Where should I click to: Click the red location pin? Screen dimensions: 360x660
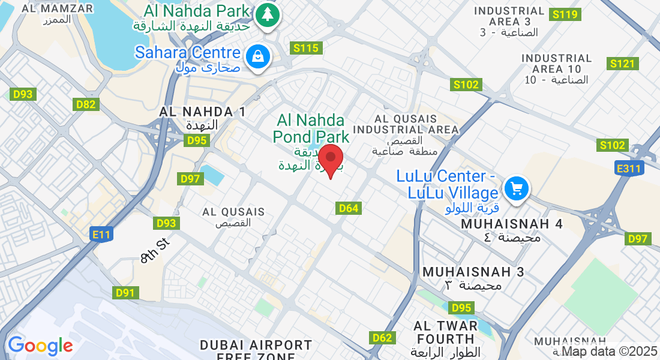coord(330,160)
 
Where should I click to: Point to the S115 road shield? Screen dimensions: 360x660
coord(307,48)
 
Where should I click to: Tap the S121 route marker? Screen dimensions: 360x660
coord(622,64)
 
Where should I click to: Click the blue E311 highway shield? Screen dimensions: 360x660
coord(629,169)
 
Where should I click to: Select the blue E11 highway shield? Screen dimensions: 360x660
coord(101,235)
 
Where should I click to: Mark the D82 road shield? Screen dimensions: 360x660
coord(86,104)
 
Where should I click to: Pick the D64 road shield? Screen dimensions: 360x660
coord(349,208)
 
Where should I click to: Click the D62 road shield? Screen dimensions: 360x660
coord(382,338)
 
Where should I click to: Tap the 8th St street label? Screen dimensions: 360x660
coord(155,250)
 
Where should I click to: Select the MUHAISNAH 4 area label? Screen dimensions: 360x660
coord(512,224)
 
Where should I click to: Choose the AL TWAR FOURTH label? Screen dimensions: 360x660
coord(446,332)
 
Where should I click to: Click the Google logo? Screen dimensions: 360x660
coord(40,346)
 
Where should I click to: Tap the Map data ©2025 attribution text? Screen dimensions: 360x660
coord(610,352)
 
